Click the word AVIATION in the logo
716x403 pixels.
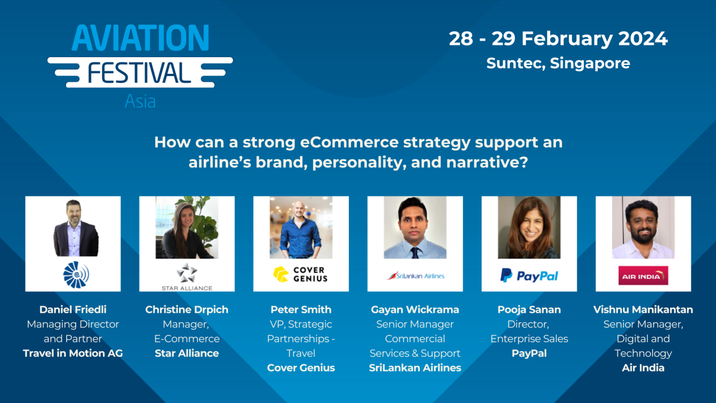[x=140, y=38]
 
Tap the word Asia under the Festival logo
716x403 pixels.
[x=140, y=101]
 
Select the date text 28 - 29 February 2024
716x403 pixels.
[x=558, y=39]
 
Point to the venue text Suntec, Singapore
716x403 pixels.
[x=558, y=63]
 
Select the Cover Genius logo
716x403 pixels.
[x=301, y=274]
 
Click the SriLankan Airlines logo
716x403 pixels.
[x=415, y=275]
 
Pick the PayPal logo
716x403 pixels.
[x=529, y=275]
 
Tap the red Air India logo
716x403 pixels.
[x=643, y=275]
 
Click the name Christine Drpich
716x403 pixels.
[x=187, y=310]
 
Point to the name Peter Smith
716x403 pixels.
[x=301, y=310]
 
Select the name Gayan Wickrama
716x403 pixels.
[x=415, y=310]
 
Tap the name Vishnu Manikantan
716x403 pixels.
[x=643, y=310]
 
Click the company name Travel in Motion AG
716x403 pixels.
[x=73, y=353]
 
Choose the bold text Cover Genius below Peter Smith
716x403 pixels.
[x=301, y=368]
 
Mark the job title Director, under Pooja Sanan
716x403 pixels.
[x=529, y=324]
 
